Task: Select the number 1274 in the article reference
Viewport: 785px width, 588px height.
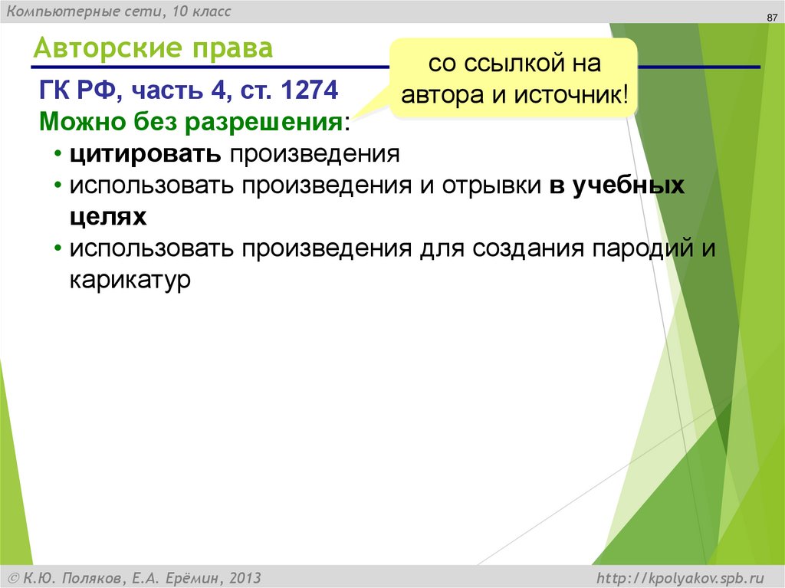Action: tap(310, 93)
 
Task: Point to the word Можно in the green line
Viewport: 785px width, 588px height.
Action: tap(73, 121)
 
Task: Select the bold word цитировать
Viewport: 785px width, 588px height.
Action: tap(144, 153)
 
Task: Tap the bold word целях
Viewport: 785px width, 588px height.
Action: tap(107, 218)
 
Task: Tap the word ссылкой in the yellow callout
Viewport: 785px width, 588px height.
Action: tap(514, 64)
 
